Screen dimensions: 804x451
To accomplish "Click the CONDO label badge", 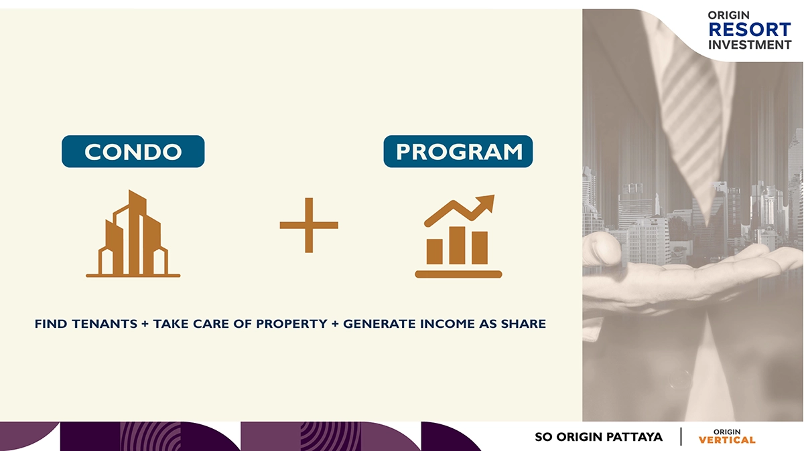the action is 133,151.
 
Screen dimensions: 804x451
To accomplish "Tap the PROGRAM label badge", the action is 458,151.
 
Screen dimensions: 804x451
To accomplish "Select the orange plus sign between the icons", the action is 309,225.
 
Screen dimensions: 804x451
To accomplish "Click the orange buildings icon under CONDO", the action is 133,234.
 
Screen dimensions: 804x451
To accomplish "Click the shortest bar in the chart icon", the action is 434,252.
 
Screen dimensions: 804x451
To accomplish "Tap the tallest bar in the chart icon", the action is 457,245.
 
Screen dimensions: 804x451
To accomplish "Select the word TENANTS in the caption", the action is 105,324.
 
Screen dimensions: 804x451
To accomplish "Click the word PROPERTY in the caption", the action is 292,324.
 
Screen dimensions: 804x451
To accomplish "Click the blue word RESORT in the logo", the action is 750,29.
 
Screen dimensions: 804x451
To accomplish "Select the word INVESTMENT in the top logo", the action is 750,45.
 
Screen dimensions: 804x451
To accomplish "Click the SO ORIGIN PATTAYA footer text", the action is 599,437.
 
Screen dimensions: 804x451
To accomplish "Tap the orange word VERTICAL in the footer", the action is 727,440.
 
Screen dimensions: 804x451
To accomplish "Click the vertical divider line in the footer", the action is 681,436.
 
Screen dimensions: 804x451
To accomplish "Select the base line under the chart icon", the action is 458,274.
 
